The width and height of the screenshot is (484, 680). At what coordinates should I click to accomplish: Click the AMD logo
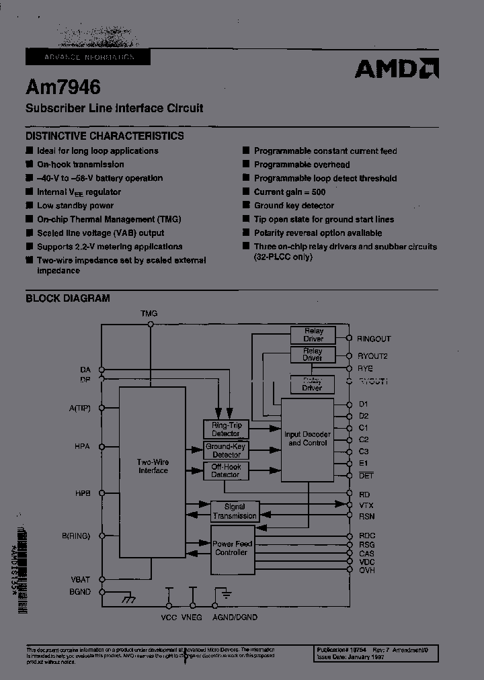pos(396,69)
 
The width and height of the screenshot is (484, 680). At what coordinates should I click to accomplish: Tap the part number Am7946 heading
pos(63,87)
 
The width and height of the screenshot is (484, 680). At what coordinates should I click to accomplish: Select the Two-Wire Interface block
pos(152,466)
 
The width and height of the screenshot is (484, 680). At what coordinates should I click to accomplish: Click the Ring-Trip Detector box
pos(226,429)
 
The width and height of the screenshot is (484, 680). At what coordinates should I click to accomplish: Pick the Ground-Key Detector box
pos(226,450)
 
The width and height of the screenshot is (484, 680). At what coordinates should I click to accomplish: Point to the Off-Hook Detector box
pos(226,470)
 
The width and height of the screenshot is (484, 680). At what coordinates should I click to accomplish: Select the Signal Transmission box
pos(235,511)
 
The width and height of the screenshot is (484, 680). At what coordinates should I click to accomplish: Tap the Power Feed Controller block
pos(231,548)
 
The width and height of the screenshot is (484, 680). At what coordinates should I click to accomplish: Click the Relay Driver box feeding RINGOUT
pos(313,335)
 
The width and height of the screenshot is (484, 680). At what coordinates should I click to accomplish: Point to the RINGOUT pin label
pos(373,339)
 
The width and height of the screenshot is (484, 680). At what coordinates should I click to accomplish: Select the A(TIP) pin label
pos(79,408)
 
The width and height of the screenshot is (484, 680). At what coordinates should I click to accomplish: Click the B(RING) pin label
pos(75,536)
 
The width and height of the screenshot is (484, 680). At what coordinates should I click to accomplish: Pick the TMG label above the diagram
pos(149,314)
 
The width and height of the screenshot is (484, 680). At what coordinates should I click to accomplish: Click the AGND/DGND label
pos(235,617)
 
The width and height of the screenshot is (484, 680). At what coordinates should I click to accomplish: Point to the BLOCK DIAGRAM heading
pos(67,298)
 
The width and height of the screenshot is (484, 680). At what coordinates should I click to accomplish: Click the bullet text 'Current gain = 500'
pos(290,192)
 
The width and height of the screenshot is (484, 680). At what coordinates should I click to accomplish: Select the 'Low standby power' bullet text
pos(75,206)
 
